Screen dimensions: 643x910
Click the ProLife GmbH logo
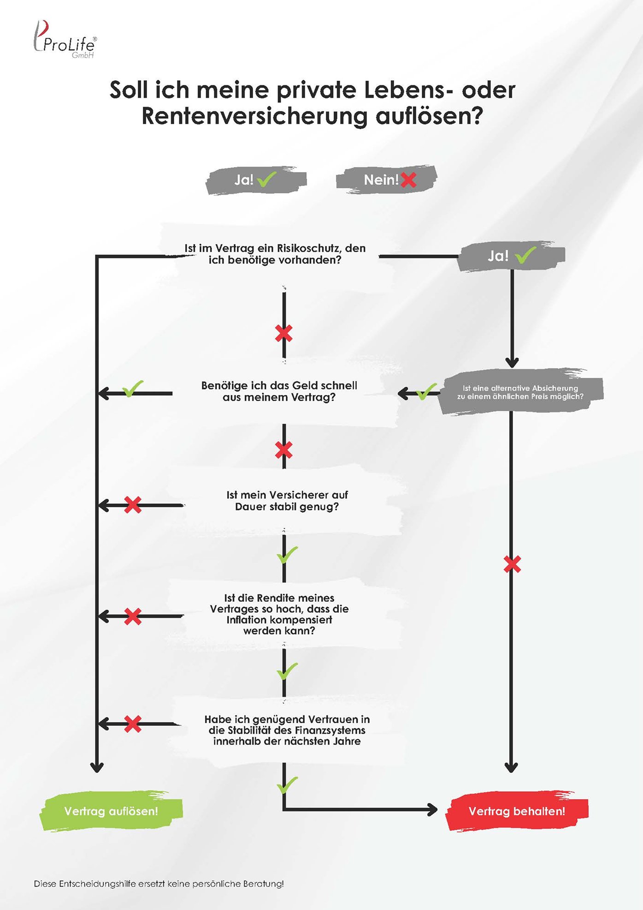point(65,40)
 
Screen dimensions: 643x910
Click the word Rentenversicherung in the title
point(254,115)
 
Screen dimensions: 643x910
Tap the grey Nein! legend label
point(386,180)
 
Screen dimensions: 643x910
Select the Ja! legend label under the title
point(256,180)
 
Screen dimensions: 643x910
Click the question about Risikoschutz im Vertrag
point(275,254)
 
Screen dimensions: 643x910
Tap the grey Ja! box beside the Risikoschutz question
point(511,255)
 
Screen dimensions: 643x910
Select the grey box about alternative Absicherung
point(520,392)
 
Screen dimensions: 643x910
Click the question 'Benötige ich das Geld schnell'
point(279,391)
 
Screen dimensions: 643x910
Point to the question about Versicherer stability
point(287,501)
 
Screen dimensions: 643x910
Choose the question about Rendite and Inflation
point(279,614)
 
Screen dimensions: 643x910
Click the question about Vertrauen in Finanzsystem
point(287,730)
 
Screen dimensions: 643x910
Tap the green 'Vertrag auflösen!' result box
point(111,811)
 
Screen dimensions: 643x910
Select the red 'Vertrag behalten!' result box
point(517,811)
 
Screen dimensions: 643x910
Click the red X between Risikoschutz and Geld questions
point(283,333)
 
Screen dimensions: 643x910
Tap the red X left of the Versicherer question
point(133,505)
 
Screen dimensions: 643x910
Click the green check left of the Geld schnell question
point(133,389)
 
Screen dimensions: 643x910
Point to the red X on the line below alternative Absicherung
point(512,564)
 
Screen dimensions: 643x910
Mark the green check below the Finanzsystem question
point(287,785)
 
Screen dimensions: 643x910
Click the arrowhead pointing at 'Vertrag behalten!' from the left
point(432,809)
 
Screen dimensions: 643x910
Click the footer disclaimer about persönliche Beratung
point(159,884)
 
